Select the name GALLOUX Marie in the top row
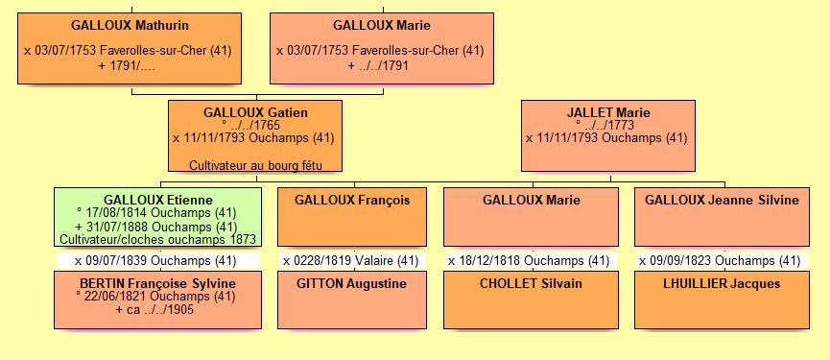point(381,24)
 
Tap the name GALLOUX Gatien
point(255,112)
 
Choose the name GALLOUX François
point(352,200)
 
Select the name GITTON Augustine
point(352,283)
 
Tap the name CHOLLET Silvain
point(531,283)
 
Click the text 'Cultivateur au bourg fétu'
point(254,165)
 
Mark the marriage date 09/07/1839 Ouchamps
point(155,260)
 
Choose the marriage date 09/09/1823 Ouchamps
point(721,260)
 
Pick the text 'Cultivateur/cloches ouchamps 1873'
point(157,239)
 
